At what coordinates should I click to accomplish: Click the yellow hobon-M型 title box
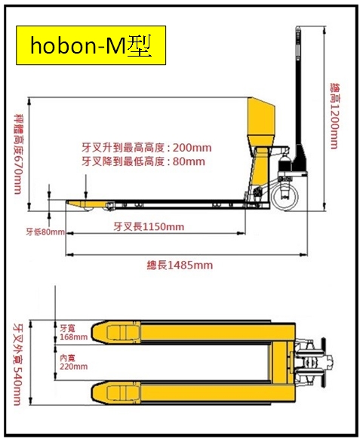point(91,45)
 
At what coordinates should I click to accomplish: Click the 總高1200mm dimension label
point(334,116)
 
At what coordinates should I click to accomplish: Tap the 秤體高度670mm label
point(19,154)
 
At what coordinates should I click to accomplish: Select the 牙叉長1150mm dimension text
point(149,226)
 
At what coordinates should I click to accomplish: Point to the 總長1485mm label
point(180,266)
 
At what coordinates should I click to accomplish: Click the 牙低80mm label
point(45,232)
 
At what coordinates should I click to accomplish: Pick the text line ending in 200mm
point(146,147)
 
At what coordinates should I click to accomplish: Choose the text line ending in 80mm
point(143,161)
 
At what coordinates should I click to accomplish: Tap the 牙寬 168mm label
point(73,333)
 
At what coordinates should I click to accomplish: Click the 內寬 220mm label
point(73,362)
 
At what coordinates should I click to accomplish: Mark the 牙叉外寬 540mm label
point(17,364)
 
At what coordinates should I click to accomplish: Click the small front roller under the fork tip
point(88,208)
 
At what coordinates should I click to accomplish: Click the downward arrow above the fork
point(86,186)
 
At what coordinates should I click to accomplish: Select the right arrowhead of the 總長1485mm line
point(304,255)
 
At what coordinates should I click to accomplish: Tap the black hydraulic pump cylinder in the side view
point(284,164)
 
